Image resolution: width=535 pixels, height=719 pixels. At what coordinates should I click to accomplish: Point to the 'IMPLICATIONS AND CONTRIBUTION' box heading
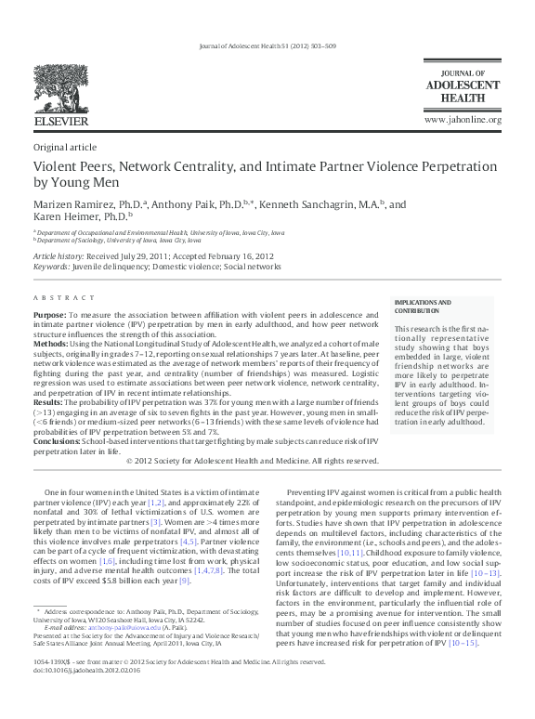423,307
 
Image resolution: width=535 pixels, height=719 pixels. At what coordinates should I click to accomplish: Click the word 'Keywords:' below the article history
51,267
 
